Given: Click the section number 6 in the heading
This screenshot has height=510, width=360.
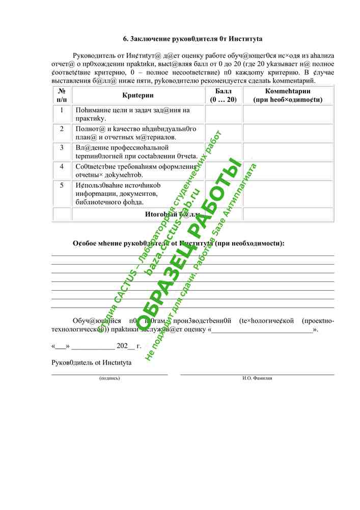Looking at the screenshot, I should point(126,39).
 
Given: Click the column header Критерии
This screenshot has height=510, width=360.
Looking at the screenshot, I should point(138,95).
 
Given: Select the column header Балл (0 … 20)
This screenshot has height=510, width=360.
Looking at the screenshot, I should point(223,95).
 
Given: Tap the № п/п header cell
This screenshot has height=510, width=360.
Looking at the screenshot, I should point(62,95).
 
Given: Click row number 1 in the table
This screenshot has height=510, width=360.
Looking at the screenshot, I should point(62,110).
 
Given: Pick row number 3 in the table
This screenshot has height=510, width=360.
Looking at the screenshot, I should point(62,148).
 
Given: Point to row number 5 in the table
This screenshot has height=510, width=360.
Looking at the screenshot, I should point(62,185).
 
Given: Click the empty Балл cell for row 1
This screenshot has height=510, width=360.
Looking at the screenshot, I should point(223,114).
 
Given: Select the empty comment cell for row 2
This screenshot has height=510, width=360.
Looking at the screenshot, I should point(288,133).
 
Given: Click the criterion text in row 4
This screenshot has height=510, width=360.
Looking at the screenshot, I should point(136,170).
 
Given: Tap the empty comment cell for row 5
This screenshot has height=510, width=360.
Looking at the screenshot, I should point(288,193).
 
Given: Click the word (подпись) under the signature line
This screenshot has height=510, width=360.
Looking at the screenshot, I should point(109,378).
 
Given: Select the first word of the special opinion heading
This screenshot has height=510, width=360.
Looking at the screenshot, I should point(85,243).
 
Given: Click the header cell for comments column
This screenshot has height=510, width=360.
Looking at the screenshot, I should point(288,95).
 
